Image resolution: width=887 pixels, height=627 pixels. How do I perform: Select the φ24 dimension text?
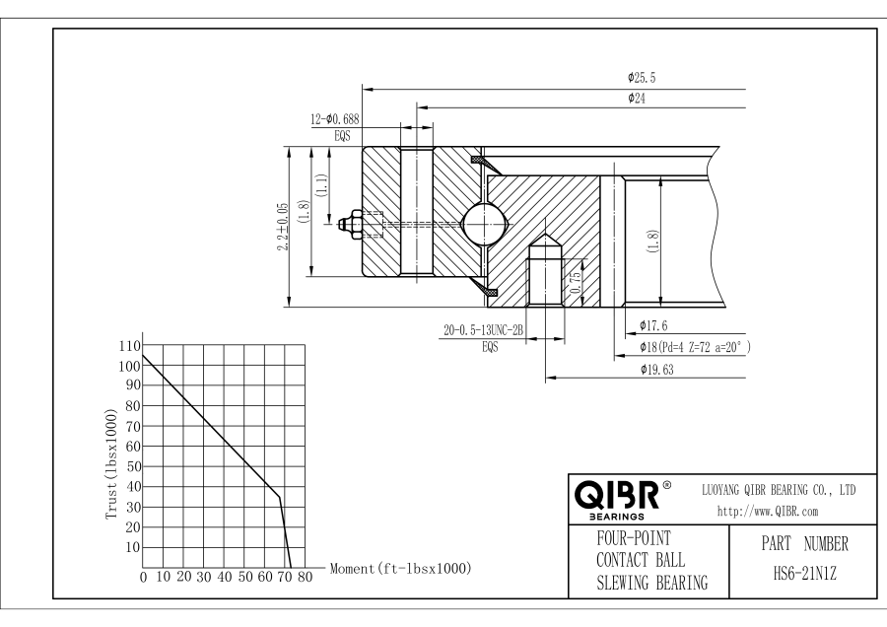[x=636, y=98]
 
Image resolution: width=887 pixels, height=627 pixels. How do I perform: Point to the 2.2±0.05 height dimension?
[x=284, y=226]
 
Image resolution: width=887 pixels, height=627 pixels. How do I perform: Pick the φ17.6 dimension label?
[x=655, y=325]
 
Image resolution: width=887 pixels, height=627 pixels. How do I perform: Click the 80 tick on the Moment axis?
[x=305, y=577]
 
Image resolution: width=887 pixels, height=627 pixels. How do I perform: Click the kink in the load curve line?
[x=280, y=497]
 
